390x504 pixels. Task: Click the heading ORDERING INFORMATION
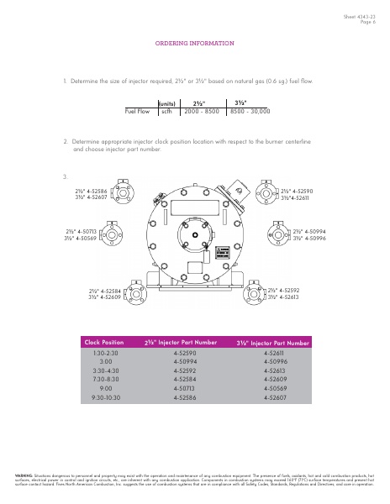[x=194, y=42]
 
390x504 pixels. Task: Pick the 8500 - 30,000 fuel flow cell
[x=250, y=110]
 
